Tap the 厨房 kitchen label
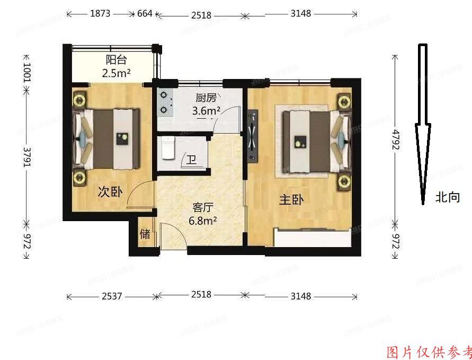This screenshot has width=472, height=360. (206, 98)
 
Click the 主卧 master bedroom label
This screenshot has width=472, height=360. (291, 200)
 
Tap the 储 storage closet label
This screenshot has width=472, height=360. (145, 234)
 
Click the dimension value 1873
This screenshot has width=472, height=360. (100, 13)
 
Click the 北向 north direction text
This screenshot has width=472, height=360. (448, 198)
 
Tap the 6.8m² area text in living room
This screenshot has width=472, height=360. (202, 221)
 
